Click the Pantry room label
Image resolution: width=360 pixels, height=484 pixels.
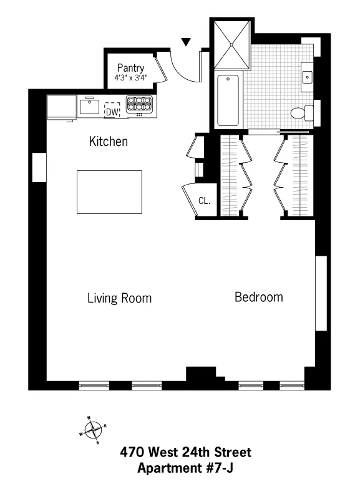[130, 68]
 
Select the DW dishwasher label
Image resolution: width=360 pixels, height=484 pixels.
[112, 112]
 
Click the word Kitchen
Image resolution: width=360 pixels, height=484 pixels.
[108, 142]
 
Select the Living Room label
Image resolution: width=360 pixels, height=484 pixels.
[119, 298]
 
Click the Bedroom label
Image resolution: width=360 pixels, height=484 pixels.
[258, 297]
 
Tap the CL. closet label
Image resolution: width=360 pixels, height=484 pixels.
[203, 201]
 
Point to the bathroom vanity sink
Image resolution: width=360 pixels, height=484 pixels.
[308, 77]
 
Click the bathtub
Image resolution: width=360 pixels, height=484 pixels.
[228, 100]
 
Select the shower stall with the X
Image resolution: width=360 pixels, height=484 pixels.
[232, 44]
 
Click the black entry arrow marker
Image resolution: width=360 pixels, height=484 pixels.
[186, 42]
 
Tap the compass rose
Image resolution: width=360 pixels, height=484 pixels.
[93, 428]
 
